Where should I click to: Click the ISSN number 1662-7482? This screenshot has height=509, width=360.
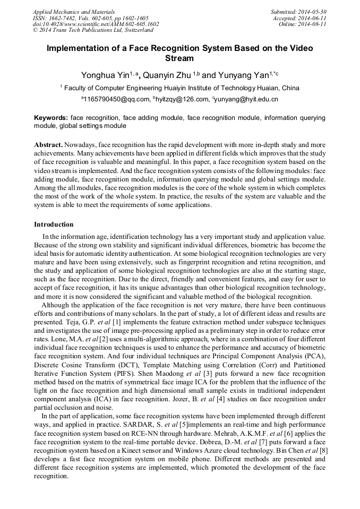[x=62, y=18]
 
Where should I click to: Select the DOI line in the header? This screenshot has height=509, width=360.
[x=96, y=24]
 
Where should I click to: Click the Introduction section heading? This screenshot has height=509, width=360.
[x=54, y=225]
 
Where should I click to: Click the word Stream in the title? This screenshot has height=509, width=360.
[x=180, y=58]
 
